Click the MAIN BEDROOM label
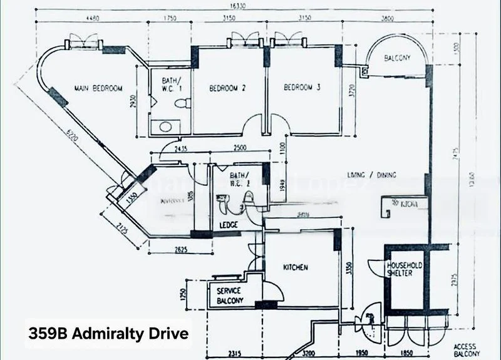point(98,88)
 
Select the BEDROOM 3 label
point(302,88)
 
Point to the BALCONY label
point(398,58)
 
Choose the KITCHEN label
point(296,267)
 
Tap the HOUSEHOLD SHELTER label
point(404,269)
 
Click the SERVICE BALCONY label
point(229,295)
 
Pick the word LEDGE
point(229,225)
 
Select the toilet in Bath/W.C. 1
point(180,106)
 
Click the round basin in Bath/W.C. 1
point(166,126)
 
